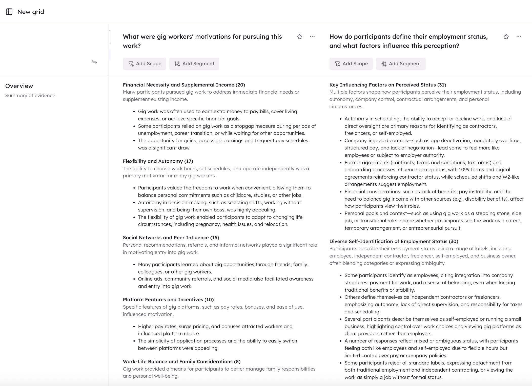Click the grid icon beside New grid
(x=9, y=12)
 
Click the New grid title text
(x=31, y=12)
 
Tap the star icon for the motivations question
(x=300, y=37)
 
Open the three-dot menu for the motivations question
(x=312, y=37)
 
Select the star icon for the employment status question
(x=506, y=37)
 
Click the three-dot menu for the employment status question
(x=519, y=37)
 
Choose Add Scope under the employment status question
(x=351, y=64)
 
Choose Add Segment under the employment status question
(x=401, y=64)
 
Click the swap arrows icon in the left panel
(x=94, y=62)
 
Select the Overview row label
(x=19, y=86)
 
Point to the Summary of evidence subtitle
(x=30, y=96)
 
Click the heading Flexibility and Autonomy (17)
(x=158, y=161)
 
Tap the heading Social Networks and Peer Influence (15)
(x=171, y=238)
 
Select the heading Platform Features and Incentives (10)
(x=168, y=300)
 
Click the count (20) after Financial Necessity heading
(x=240, y=85)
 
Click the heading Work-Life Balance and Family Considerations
(x=181, y=362)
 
